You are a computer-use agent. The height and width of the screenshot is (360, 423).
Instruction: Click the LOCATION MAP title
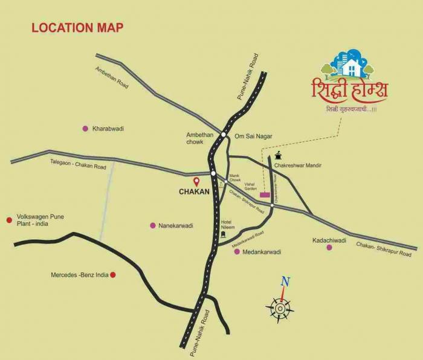77,28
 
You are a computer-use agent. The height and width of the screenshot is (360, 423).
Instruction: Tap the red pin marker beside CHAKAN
196,181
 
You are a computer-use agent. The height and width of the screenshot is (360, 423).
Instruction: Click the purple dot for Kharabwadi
85,128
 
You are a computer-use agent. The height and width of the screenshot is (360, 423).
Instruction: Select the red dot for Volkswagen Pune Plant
9,220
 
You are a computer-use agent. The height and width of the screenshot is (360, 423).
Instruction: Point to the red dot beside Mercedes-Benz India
112,275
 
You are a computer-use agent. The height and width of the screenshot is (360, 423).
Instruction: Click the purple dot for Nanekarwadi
152,225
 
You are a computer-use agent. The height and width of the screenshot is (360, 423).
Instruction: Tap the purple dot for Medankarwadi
237,251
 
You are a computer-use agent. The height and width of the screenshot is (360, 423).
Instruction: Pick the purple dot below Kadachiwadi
329,248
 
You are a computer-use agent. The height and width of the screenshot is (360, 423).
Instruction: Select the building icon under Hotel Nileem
224,233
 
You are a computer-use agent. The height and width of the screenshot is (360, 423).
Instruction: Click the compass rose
280,309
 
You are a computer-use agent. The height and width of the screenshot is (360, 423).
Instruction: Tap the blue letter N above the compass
285,281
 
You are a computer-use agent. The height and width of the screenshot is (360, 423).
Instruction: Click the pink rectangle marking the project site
265,194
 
